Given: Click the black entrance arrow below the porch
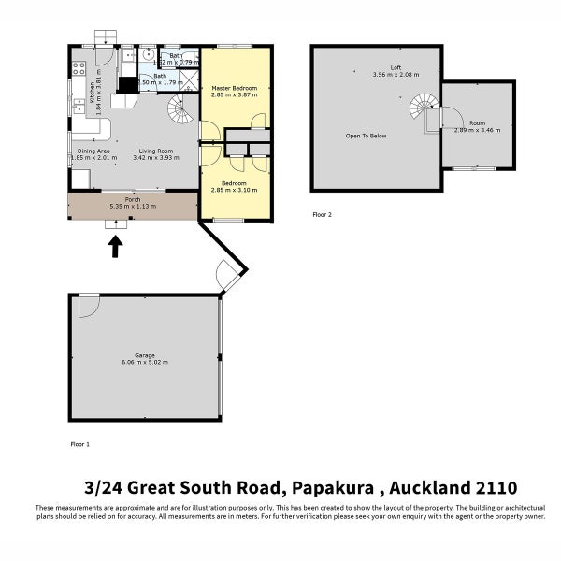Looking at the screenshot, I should [x=115, y=247].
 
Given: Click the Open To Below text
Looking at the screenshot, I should [x=366, y=136].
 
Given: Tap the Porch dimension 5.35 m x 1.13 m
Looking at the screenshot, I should [x=133, y=206].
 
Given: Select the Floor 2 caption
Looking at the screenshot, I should [x=322, y=214].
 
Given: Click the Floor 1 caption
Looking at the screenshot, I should [x=80, y=444].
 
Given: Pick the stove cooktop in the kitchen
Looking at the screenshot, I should [x=78, y=68].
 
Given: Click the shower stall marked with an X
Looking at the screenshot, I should [x=190, y=79].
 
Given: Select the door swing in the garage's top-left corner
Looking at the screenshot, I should [x=88, y=305].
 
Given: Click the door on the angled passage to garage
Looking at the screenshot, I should [x=227, y=273].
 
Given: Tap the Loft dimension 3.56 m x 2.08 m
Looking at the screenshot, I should [x=394, y=74].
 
